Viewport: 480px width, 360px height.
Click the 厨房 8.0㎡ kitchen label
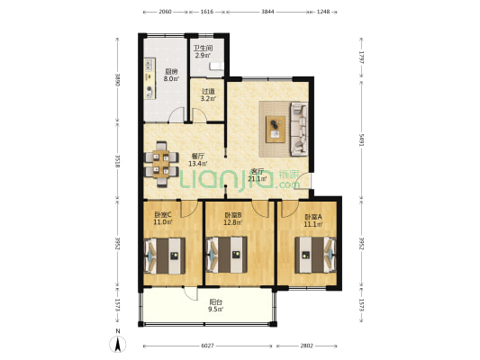pos(170,74)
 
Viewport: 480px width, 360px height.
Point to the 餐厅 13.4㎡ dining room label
pos(199,160)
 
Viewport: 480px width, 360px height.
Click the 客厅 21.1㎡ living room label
pos(258,175)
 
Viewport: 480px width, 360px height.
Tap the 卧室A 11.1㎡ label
pos(312,220)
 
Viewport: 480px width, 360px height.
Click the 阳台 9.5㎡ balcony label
pos(216,306)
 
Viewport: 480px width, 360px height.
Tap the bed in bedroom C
pos(163,256)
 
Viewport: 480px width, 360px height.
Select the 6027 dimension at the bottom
pos(207,345)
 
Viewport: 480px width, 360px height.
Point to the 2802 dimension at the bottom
pos(307,345)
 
